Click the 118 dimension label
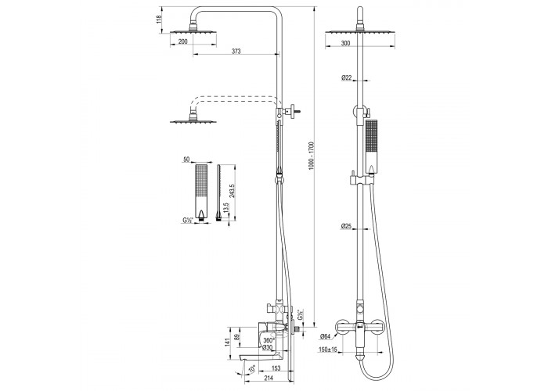[x=160, y=20]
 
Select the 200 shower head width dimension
[x=182, y=41]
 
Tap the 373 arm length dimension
[x=236, y=52]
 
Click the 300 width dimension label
[x=345, y=43]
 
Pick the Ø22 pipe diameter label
[x=346, y=77]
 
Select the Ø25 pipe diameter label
[x=346, y=226]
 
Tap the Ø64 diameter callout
[x=325, y=336]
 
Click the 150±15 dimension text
[x=328, y=350]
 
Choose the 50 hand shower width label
[x=186, y=160]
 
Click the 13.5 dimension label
[x=226, y=208]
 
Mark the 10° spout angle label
[x=252, y=368]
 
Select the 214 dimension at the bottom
[x=268, y=378]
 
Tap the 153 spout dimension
[x=276, y=368]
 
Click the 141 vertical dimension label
[x=229, y=343]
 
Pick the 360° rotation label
[x=269, y=340]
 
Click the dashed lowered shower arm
[x=235, y=100]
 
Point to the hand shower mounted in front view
[x=371, y=147]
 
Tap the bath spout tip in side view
[x=242, y=358]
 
